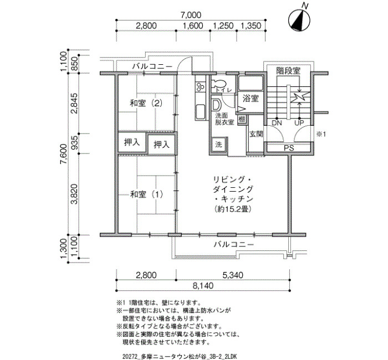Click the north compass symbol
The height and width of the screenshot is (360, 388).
point(300,20)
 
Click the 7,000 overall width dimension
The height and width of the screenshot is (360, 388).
point(191,15)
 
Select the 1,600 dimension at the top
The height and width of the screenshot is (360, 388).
point(193,25)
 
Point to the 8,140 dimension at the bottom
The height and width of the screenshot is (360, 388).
point(203,286)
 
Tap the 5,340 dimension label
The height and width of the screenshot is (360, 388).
point(233,275)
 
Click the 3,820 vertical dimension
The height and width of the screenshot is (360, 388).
point(74,194)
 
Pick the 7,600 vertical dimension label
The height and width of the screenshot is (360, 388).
point(63,154)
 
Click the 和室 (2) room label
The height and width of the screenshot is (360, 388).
point(146,103)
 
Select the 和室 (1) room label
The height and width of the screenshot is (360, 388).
point(146,194)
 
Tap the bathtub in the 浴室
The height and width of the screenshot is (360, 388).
point(250,84)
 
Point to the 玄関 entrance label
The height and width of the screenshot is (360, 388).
point(256,134)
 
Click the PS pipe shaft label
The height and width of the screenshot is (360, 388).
point(289,148)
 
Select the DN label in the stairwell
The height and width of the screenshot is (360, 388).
point(277,123)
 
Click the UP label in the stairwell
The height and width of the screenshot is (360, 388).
point(299,123)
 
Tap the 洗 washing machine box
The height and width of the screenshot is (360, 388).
point(218,145)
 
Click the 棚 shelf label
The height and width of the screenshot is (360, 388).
point(242,120)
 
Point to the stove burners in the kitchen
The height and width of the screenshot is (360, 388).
point(200,87)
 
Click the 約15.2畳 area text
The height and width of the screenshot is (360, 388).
point(233,209)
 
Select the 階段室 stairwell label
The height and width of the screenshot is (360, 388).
point(288,71)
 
